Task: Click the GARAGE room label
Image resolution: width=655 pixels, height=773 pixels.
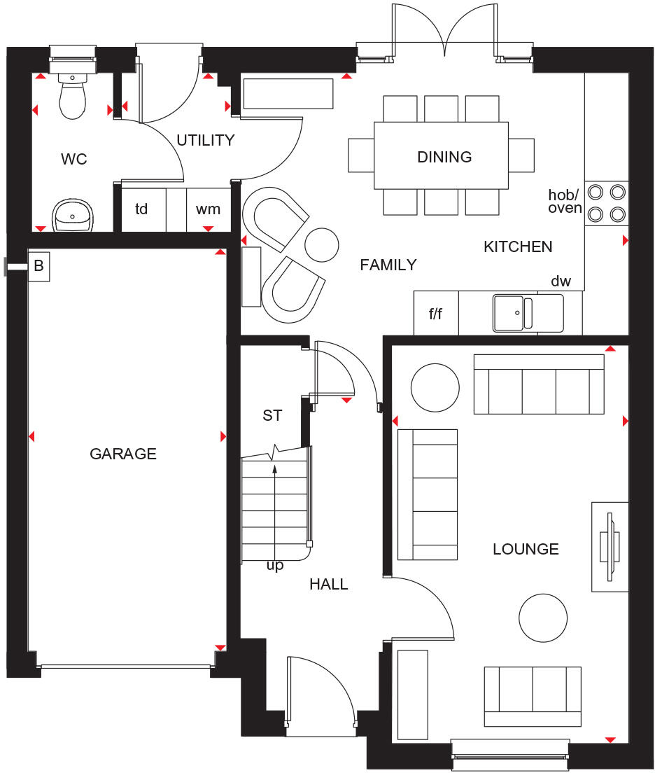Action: coord(123,454)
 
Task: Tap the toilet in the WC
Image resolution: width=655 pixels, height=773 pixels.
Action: coord(73,98)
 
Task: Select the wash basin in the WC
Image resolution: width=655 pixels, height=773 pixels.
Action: coord(73,214)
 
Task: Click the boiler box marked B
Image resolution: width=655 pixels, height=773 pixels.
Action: coord(38,267)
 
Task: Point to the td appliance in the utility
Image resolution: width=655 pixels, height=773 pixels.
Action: coord(142,209)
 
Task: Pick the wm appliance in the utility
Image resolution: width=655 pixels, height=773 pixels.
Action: coord(208,209)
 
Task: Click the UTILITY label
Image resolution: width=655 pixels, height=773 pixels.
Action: coord(205,140)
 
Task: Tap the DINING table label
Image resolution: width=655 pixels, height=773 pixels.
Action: coord(444,157)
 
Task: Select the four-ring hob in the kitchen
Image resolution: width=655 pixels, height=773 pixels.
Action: coord(606,202)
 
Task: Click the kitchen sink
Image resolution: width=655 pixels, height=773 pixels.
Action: coord(527,312)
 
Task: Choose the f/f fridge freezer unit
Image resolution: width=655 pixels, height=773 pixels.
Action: coord(435,314)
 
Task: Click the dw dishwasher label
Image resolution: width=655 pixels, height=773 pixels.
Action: coord(561,281)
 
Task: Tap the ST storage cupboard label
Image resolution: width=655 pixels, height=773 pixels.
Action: coord(272,415)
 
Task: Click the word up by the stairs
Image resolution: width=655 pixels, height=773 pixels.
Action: coord(275,566)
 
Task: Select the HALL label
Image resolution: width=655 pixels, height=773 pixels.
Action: coord(329,584)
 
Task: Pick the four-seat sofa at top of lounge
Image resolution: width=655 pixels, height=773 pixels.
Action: coord(538,384)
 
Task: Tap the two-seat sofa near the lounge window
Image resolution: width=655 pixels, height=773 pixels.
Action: coord(533,696)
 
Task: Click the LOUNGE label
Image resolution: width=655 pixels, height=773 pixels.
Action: coord(526,549)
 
